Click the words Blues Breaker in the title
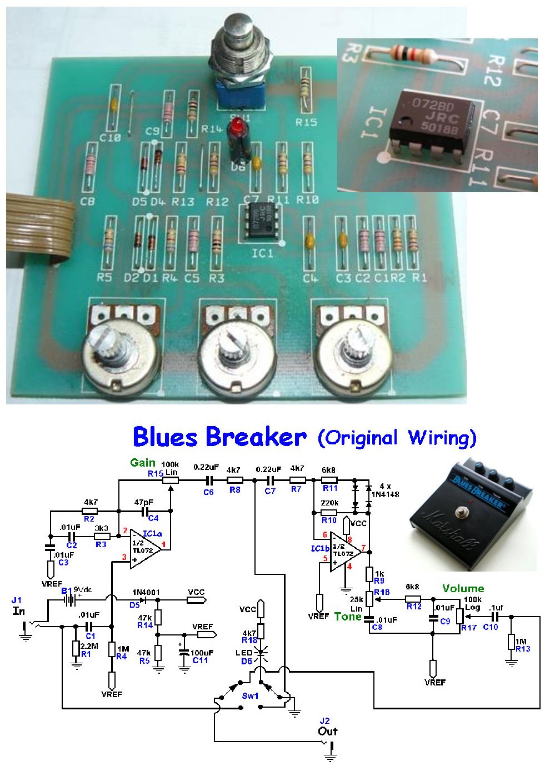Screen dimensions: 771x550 coord(219,438)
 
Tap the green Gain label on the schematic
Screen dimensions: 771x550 coord(143,463)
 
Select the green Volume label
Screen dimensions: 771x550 coord(463,588)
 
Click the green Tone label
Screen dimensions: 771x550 coord(348,617)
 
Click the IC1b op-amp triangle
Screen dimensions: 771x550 coord(344,552)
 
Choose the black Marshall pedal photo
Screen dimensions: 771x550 coord(472,515)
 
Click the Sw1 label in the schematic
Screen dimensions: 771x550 coord(250,696)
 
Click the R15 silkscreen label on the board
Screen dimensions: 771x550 coord(306,122)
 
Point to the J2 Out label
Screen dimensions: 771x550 coord(327,727)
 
